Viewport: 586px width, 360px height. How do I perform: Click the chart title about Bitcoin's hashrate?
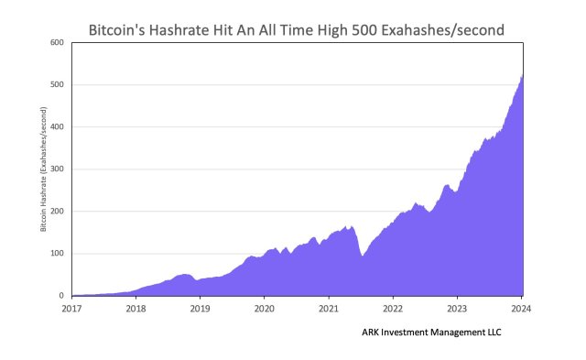click(296, 29)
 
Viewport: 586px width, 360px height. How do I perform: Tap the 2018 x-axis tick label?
click(136, 309)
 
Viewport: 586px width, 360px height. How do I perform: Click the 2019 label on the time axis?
click(200, 309)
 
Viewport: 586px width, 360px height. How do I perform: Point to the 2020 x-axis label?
click(265, 309)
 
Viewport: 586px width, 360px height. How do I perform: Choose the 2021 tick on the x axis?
click(329, 309)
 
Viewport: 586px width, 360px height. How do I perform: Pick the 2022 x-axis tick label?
click(394, 309)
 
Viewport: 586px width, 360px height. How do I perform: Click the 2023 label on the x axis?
click(458, 309)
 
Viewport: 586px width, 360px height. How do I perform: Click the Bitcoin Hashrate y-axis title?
click(43, 169)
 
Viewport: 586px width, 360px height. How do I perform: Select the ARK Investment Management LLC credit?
click(431, 333)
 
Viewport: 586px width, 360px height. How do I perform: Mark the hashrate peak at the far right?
click(523, 75)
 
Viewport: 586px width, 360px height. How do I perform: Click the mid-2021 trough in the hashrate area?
click(363, 256)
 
